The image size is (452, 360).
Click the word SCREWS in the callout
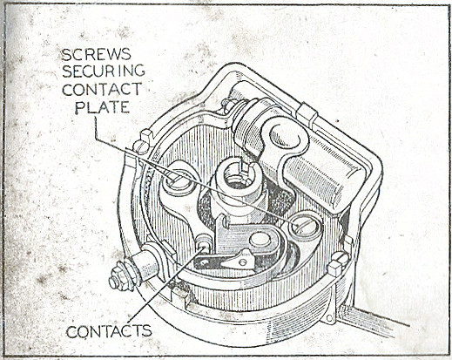tap(97, 54)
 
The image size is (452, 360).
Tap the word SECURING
tap(104, 71)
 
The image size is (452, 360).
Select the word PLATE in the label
tap(102, 107)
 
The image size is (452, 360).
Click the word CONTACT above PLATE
tap(102, 89)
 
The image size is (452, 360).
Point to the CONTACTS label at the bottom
tap(109, 331)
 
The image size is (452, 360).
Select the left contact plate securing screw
tap(176, 180)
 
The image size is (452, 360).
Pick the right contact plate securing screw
tap(306, 226)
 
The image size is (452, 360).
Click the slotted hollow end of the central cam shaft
tap(238, 173)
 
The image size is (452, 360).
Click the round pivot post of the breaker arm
tap(260, 239)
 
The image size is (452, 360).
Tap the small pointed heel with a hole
tap(241, 259)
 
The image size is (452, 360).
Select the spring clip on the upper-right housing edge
tap(307, 116)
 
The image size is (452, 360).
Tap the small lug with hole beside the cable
tap(330, 317)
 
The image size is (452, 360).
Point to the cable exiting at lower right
tap(374, 321)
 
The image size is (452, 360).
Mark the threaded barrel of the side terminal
tap(146, 268)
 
